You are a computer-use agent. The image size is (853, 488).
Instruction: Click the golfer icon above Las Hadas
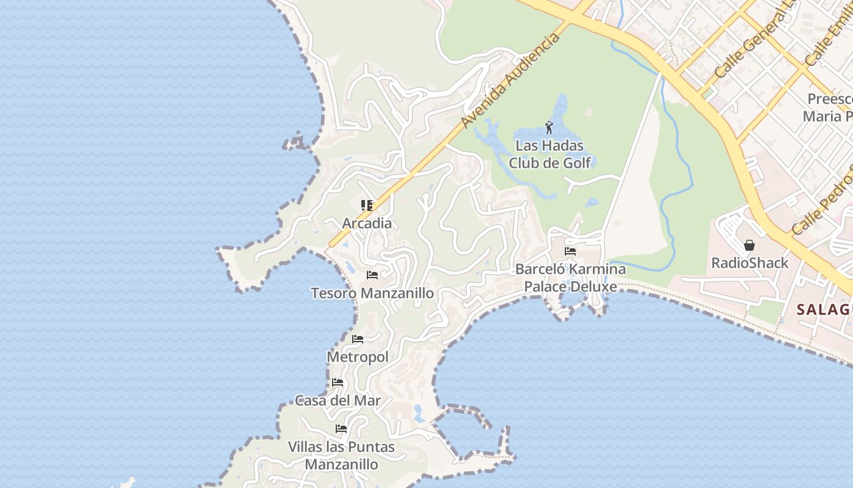[549, 128]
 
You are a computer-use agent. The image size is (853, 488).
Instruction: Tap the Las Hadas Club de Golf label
[550, 154]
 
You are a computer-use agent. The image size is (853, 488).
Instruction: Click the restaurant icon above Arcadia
[366, 206]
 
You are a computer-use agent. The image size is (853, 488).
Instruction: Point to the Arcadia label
[367, 223]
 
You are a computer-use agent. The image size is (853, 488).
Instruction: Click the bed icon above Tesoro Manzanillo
[372, 275]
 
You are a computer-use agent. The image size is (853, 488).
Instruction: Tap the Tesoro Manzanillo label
[372, 293]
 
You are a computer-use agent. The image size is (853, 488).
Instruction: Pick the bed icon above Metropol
[358, 339]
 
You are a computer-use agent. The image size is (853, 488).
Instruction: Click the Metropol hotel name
[358, 357]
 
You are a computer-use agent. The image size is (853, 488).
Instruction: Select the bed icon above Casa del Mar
[338, 383]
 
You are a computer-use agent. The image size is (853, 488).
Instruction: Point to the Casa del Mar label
[338, 401]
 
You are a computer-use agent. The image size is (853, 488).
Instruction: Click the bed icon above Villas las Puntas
[341, 429]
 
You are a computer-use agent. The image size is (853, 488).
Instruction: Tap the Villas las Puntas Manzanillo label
[341, 456]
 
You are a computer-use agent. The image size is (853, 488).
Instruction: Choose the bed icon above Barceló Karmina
[570, 251]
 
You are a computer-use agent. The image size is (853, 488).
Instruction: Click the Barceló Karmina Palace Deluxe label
[570, 278]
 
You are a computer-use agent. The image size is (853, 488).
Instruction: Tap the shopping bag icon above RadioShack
[749, 245]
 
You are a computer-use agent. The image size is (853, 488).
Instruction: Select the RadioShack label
[750, 263]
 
